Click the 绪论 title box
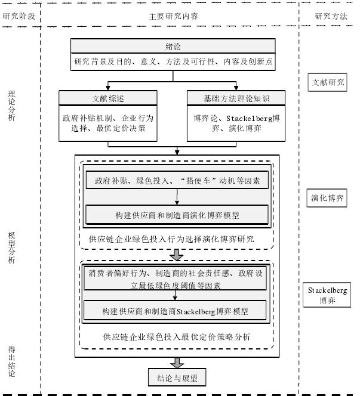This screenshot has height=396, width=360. (x=173, y=46)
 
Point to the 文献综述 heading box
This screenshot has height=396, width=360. (x=108, y=98)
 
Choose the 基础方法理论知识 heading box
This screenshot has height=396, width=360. (x=228, y=98)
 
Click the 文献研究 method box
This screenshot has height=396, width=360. (x=327, y=82)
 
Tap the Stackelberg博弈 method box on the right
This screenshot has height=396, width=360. (x=328, y=295)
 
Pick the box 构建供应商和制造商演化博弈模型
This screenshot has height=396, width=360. (x=177, y=214)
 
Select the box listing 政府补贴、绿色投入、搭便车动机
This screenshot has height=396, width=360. (x=177, y=180)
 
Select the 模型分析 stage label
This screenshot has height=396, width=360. (x=12, y=246)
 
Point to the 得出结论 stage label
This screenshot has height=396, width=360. (x=12, y=361)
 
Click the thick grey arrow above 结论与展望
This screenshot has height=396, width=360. (x=177, y=363)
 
